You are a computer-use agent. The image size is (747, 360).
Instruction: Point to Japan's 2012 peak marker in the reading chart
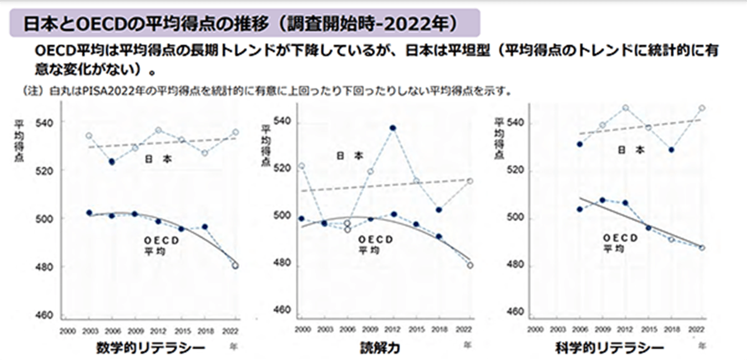tap(393, 128)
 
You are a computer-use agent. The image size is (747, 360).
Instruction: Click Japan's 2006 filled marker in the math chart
tap(111, 161)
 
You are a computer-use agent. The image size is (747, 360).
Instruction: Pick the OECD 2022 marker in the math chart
tap(235, 265)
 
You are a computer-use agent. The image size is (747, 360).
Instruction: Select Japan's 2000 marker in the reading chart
tap(302, 166)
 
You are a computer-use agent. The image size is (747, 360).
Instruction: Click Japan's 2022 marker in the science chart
tap(702, 108)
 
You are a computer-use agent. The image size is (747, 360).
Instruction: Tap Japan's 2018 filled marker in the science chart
tap(671, 149)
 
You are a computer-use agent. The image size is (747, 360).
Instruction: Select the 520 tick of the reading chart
tap(283, 168)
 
